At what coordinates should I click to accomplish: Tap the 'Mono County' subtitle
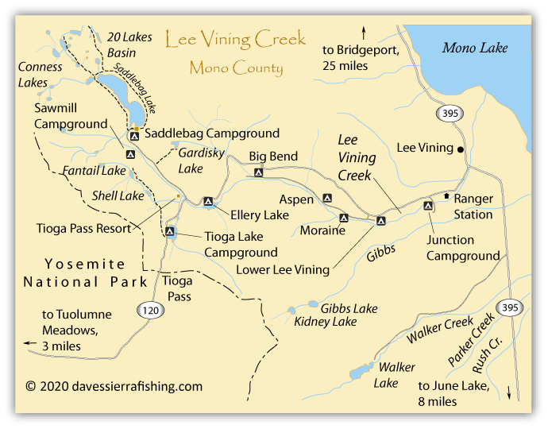point(236,68)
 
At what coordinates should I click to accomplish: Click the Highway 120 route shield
point(149,311)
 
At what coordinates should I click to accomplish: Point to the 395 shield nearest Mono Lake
point(450,114)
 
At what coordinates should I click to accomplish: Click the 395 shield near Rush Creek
point(508,307)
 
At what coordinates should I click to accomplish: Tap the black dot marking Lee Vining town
point(461,149)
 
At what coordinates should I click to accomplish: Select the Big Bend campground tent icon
point(258,172)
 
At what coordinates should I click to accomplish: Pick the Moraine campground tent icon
point(344,218)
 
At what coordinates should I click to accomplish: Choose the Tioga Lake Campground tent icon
point(170,232)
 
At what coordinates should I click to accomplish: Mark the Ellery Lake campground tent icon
point(208,202)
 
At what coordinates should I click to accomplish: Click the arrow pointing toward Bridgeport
point(364,33)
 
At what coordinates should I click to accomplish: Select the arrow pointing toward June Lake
point(509,392)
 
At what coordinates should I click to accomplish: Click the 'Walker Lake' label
point(395,374)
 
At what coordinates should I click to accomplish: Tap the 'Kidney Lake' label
point(325,322)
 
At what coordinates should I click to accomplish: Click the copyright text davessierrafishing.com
point(114,387)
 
